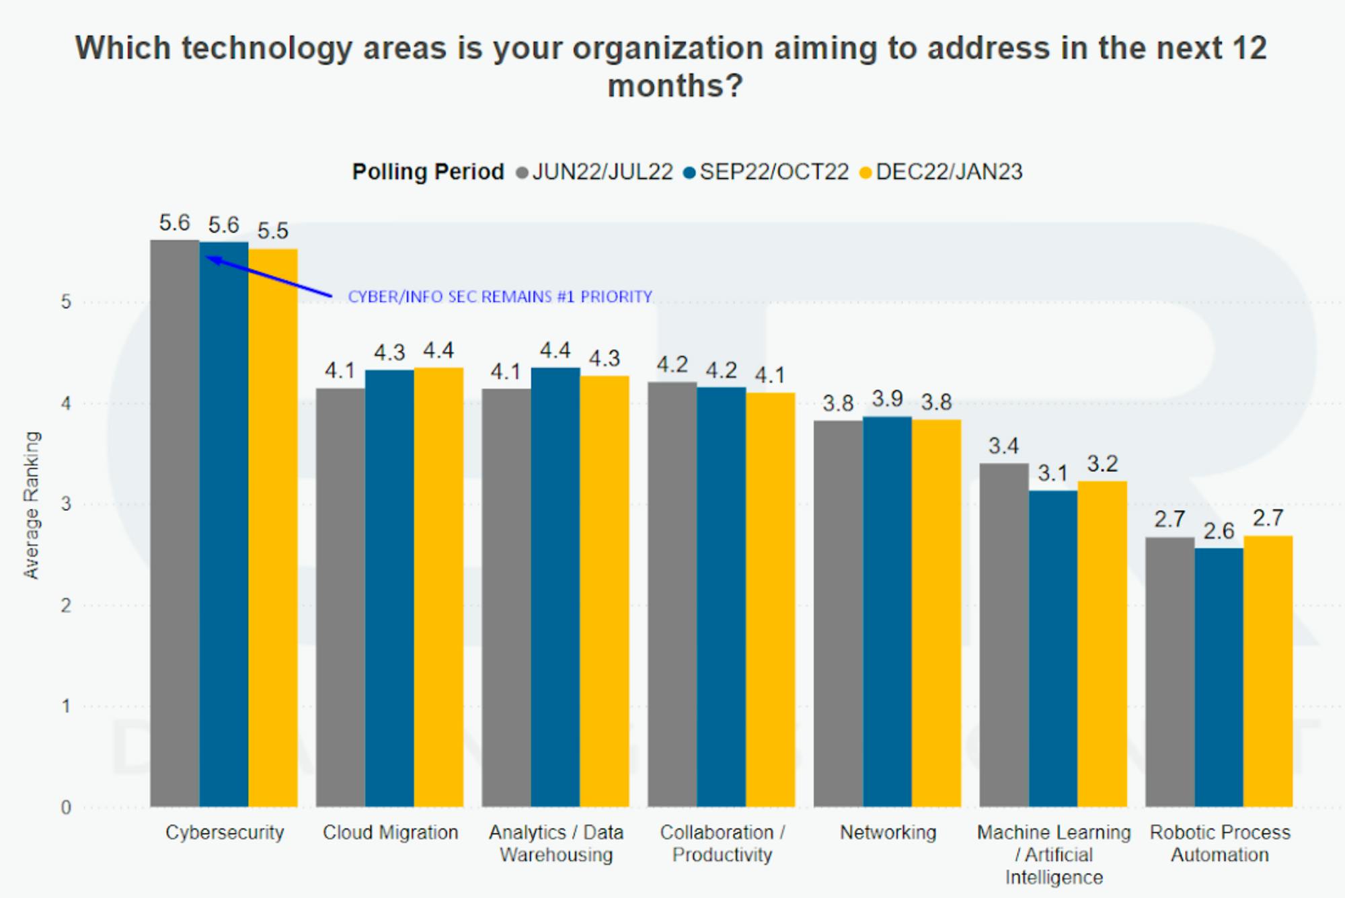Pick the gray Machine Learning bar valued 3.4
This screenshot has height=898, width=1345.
pos(1003,635)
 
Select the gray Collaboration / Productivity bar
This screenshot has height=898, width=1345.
pos(672,594)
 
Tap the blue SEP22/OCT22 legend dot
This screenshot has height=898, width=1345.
pos(689,173)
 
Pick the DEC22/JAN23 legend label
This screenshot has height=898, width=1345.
pos(948,172)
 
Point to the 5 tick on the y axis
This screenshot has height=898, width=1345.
pos(66,302)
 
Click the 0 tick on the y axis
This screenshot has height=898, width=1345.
pos(66,807)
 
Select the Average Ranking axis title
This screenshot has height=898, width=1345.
pos(32,505)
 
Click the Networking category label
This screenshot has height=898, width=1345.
pos(888,833)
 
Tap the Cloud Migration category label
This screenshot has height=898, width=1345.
pos(390,833)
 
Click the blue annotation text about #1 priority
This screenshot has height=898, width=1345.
pos(500,296)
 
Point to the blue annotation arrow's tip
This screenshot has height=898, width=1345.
pos(207,257)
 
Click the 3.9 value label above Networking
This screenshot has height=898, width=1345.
pos(887,399)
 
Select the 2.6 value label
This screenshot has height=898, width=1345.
pos(1219,531)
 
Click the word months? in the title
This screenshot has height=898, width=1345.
pos(675,86)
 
